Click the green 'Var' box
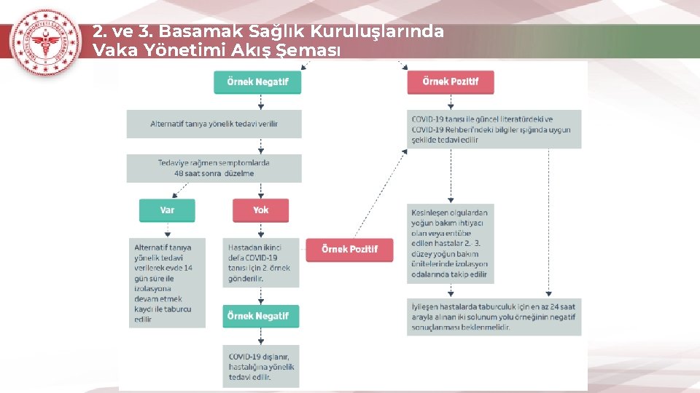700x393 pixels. point(168,210)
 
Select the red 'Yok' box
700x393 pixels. point(260,210)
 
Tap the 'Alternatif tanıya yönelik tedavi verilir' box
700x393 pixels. point(214,124)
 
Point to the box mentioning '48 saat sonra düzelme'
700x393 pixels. point(214,168)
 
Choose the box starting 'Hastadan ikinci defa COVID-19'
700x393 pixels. point(260,263)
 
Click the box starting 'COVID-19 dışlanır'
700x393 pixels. point(260,367)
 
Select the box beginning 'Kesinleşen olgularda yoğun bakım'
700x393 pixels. point(451,243)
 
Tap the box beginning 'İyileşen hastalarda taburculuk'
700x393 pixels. point(494,317)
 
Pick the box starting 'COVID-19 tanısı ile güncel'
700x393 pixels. point(494,130)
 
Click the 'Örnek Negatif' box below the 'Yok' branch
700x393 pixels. point(260,316)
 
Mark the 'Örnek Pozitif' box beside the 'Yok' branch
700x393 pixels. point(349,249)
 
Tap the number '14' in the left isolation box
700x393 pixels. point(188,268)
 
